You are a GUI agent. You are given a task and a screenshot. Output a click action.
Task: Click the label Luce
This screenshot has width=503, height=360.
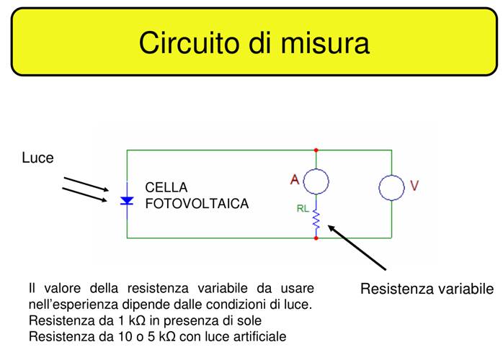(37, 158)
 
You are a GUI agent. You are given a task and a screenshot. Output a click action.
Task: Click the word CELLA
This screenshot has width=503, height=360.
(166, 187)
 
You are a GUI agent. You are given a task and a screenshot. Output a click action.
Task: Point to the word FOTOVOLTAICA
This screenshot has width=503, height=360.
(197, 204)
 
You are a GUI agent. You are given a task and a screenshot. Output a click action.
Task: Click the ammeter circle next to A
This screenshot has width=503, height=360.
(316, 181)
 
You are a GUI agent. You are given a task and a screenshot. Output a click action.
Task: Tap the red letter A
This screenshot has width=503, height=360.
(295, 181)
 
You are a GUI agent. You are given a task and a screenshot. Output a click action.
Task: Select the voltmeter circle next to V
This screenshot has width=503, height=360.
(392, 187)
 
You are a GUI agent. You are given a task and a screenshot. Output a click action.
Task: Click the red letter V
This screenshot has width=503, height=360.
(414, 186)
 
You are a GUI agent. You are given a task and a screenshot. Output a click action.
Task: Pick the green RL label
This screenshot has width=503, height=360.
(303, 210)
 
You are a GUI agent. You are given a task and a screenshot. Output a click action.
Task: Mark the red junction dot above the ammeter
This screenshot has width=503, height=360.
(316, 150)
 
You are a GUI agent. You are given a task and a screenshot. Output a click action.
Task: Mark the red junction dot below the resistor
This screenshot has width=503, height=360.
(316, 238)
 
